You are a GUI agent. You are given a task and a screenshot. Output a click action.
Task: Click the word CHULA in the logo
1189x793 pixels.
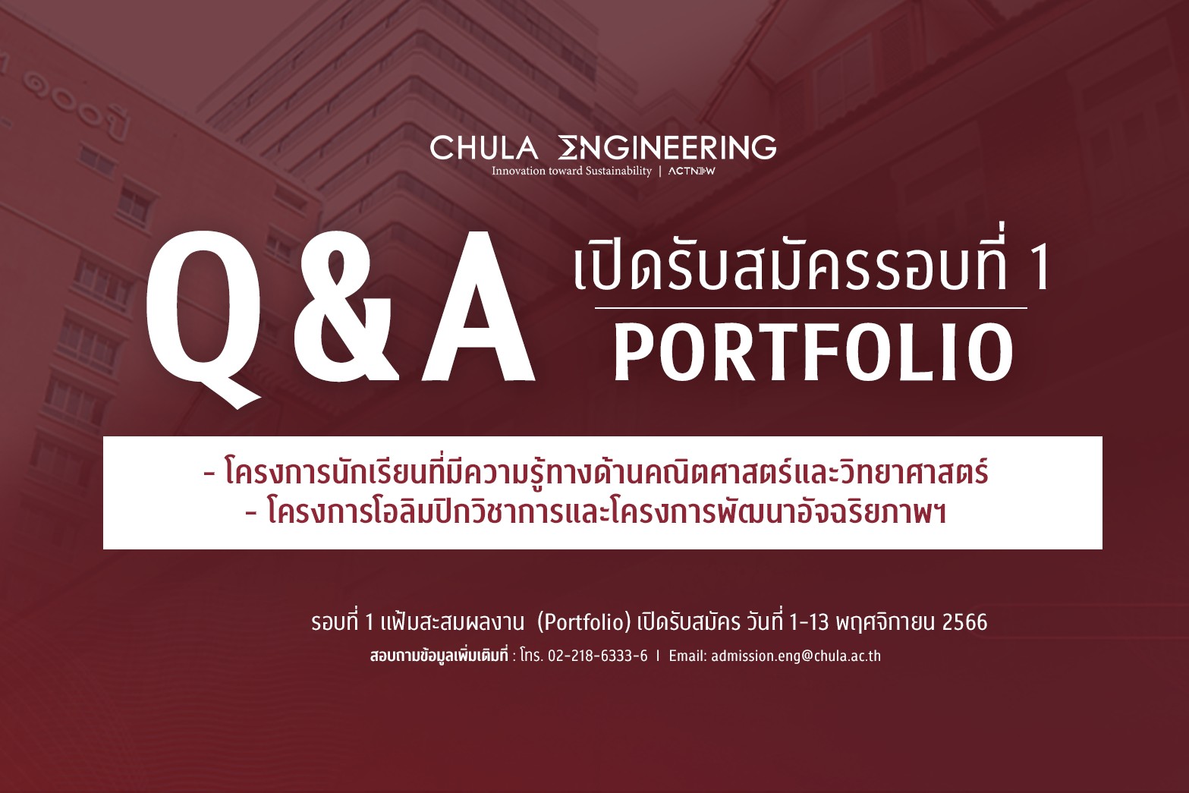pos(483,147)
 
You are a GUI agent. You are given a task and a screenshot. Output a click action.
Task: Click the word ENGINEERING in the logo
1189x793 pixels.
pos(667,147)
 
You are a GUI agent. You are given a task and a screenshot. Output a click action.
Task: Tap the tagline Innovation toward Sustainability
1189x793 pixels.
pos(571,171)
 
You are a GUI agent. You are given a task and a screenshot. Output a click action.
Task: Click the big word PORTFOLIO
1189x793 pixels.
pos(813,352)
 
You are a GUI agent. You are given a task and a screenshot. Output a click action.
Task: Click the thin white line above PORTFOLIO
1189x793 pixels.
pos(810,308)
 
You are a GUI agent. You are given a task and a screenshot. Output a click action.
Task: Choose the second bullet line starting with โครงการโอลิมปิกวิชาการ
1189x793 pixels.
pos(596,511)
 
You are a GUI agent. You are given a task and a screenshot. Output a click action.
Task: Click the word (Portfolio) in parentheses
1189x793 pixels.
pos(583,621)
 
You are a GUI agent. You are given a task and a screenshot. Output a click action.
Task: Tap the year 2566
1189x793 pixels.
pos(964,621)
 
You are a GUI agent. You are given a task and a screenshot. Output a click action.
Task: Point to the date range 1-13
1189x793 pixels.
pos(809,621)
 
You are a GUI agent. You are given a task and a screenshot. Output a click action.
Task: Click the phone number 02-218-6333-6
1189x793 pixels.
pos(598,656)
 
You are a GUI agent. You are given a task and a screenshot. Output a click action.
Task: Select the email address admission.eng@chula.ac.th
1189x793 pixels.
pos(796,656)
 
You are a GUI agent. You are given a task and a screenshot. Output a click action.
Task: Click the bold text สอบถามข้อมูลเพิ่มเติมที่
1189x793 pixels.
pos(439,656)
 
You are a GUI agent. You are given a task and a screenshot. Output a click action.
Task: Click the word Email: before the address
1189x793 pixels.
pos(687,656)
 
